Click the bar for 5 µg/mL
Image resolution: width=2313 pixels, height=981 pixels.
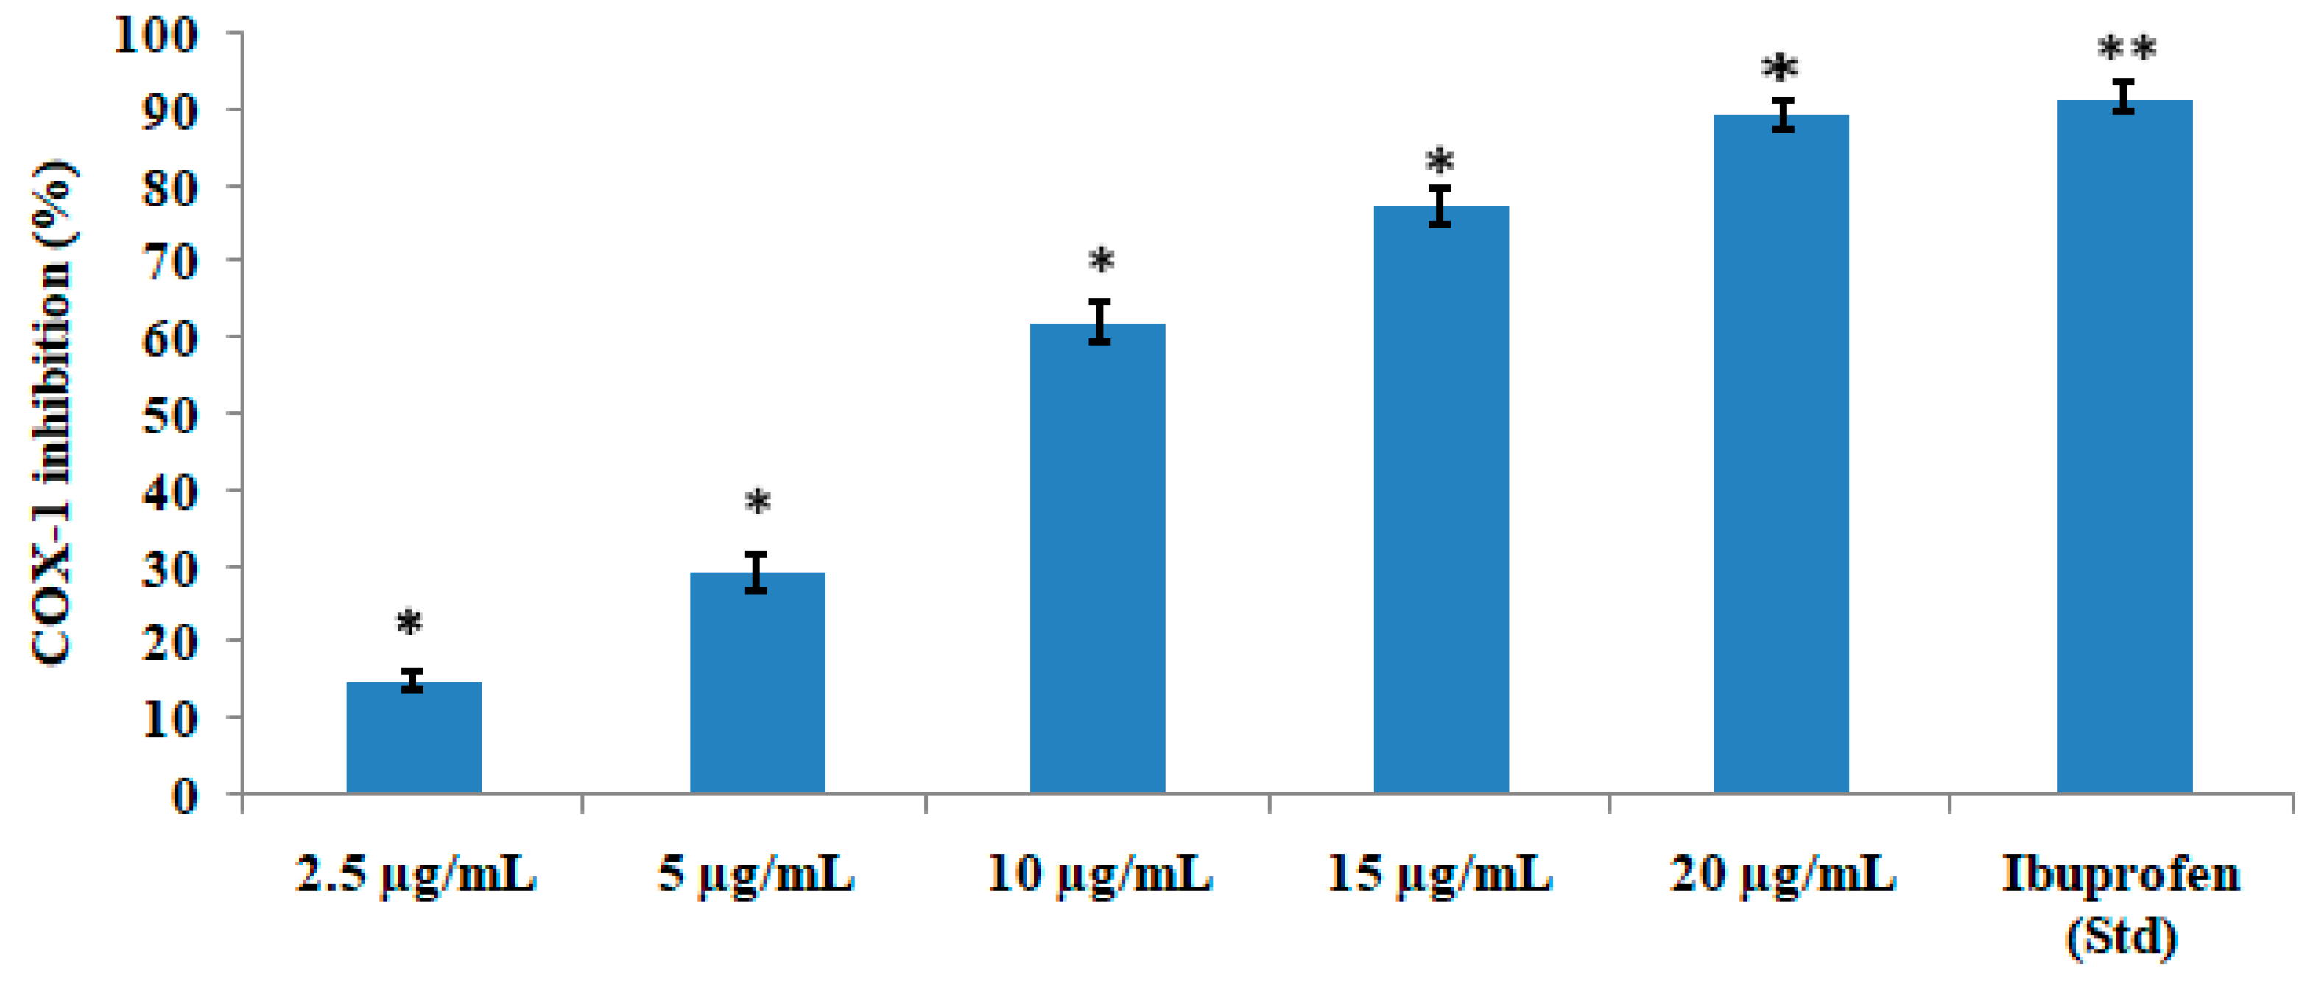(757, 682)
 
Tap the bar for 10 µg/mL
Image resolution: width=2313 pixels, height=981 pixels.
(1097, 557)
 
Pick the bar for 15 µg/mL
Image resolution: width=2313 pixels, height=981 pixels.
(1440, 498)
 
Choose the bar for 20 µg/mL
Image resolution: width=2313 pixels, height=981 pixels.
(1781, 454)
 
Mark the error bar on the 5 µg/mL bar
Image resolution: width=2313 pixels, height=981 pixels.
(756, 572)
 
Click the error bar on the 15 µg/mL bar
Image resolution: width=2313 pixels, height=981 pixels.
(1440, 206)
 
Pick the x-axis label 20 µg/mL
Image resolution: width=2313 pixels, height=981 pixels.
(1781, 874)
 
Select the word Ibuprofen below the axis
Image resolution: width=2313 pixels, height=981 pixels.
(2121, 874)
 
